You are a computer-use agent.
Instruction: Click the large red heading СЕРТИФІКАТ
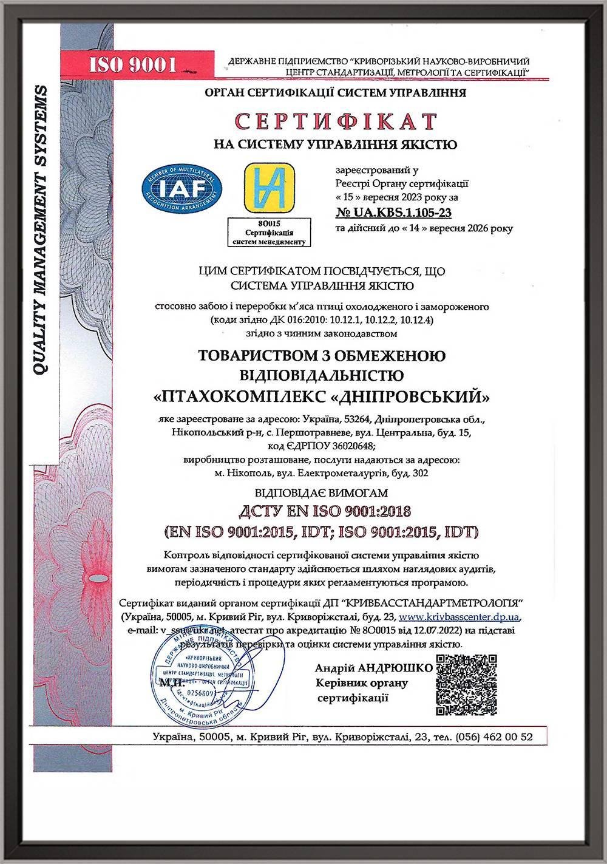336,121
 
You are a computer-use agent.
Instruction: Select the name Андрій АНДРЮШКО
374,668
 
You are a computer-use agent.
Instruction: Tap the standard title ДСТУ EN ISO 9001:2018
322,511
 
